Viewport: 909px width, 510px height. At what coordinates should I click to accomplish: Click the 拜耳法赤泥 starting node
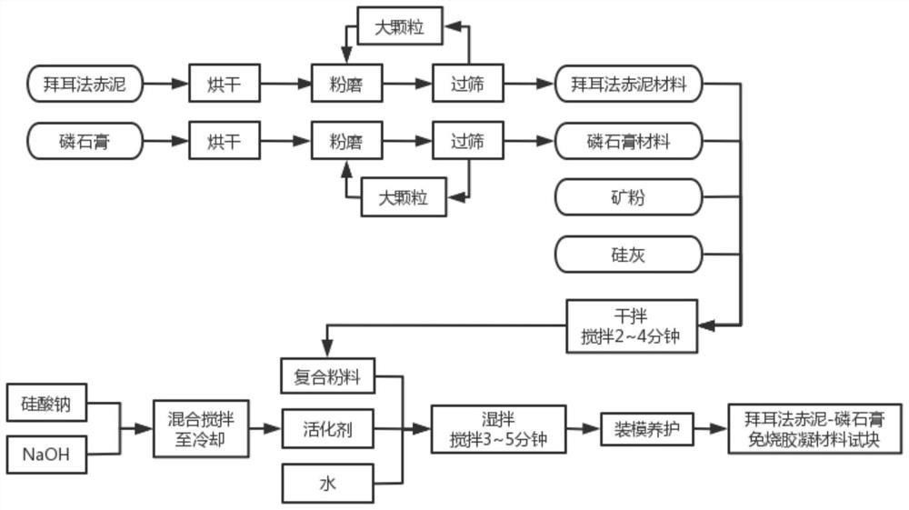click(x=85, y=84)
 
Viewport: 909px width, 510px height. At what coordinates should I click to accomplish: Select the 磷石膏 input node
click(x=85, y=141)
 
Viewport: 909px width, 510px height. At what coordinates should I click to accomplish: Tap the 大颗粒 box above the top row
click(x=400, y=26)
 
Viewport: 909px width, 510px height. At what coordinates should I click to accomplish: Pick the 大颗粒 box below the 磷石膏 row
click(x=404, y=197)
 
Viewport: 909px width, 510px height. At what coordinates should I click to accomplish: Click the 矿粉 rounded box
click(x=628, y=197)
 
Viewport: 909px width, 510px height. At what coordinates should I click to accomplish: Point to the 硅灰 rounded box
click(x=628, y=255)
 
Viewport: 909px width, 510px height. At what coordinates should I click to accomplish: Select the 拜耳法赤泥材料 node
click(x=628, y=84)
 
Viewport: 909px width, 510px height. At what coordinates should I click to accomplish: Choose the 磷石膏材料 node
click(x=628, y=141)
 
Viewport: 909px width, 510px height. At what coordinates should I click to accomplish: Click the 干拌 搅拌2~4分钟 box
click(x=632, y=326)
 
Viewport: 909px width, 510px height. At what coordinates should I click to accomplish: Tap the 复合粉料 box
click(x=327, y=376)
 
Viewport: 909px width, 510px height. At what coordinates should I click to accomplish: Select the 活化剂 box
click(x=327, y=429)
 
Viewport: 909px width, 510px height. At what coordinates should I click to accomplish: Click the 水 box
click(x=327, y=484)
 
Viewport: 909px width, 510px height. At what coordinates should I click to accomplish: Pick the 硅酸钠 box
click(x=47, y=402)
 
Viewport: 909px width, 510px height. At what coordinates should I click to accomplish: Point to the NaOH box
click(x=47, y=455)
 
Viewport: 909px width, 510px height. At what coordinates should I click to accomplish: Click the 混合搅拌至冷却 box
click(x=201, y=429)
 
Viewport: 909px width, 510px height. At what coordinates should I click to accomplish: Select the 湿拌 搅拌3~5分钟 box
click(x=498, y=429)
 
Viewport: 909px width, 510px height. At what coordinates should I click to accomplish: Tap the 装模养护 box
click(x=647, y=429)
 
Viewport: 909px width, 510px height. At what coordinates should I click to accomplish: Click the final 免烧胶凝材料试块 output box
click(x=815, y=429)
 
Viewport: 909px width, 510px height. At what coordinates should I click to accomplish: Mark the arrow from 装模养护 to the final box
click(x=711, y=429)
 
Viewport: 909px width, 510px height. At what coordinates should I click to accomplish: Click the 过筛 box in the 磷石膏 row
click(x=468, y=141)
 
